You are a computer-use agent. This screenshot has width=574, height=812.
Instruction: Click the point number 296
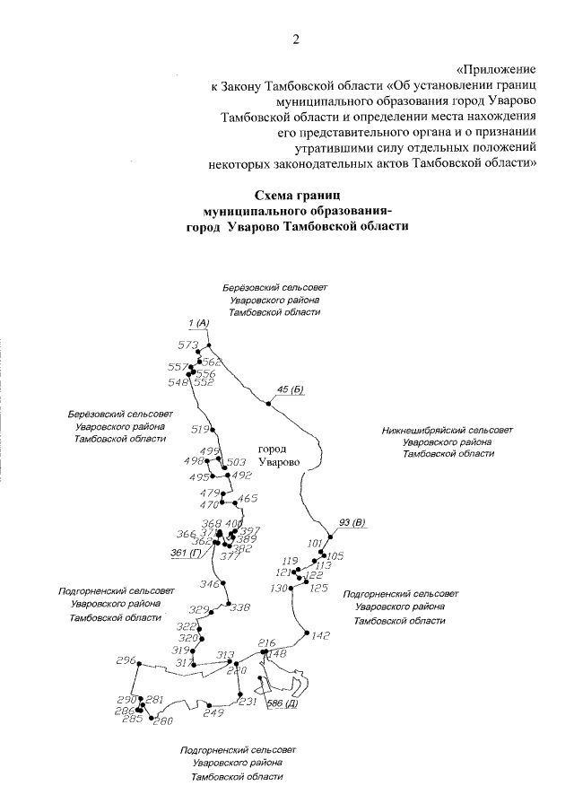coord(125,660)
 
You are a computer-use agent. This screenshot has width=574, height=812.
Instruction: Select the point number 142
coord(322,636)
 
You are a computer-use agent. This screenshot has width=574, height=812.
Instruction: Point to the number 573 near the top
coord(187,345)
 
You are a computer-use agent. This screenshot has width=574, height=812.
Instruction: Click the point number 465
coord(248,499)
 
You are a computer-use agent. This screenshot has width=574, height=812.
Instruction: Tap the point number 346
coord(209,584)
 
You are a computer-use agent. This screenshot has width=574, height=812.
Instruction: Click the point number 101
coord(315,544)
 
